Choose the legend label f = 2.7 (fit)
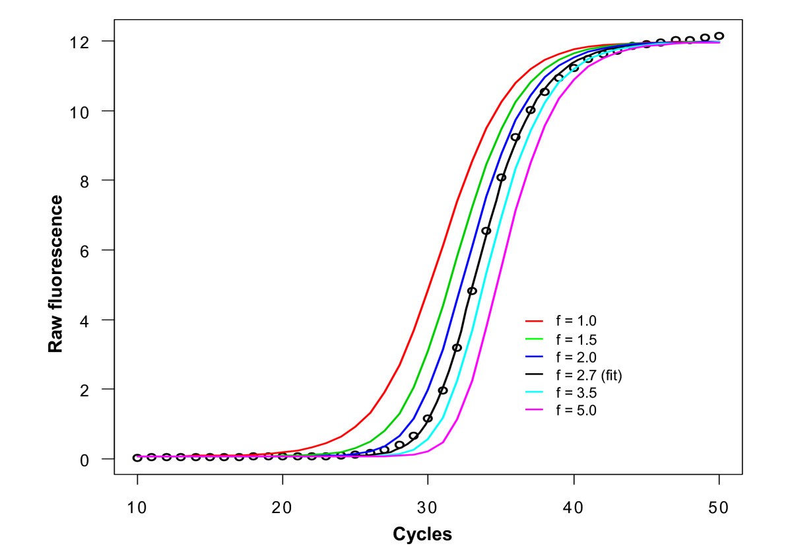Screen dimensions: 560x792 tap(589, 375)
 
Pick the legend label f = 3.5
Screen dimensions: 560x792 tap(576, 393)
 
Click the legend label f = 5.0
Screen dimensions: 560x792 tap(576, 411)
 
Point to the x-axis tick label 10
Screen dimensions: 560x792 tap(137, 508)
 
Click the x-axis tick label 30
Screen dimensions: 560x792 tap(428, 508)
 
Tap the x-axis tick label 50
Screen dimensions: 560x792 tap(719, 508)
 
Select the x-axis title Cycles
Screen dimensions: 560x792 tap(422, 534)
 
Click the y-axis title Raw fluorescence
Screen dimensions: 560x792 tap(57, 273)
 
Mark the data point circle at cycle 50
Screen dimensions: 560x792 tap(719, 36)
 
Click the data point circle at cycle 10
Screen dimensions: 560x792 tap(137, 458)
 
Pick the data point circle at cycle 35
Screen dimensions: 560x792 tap(501, 178)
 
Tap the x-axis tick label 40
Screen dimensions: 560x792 tap(574, 508)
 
